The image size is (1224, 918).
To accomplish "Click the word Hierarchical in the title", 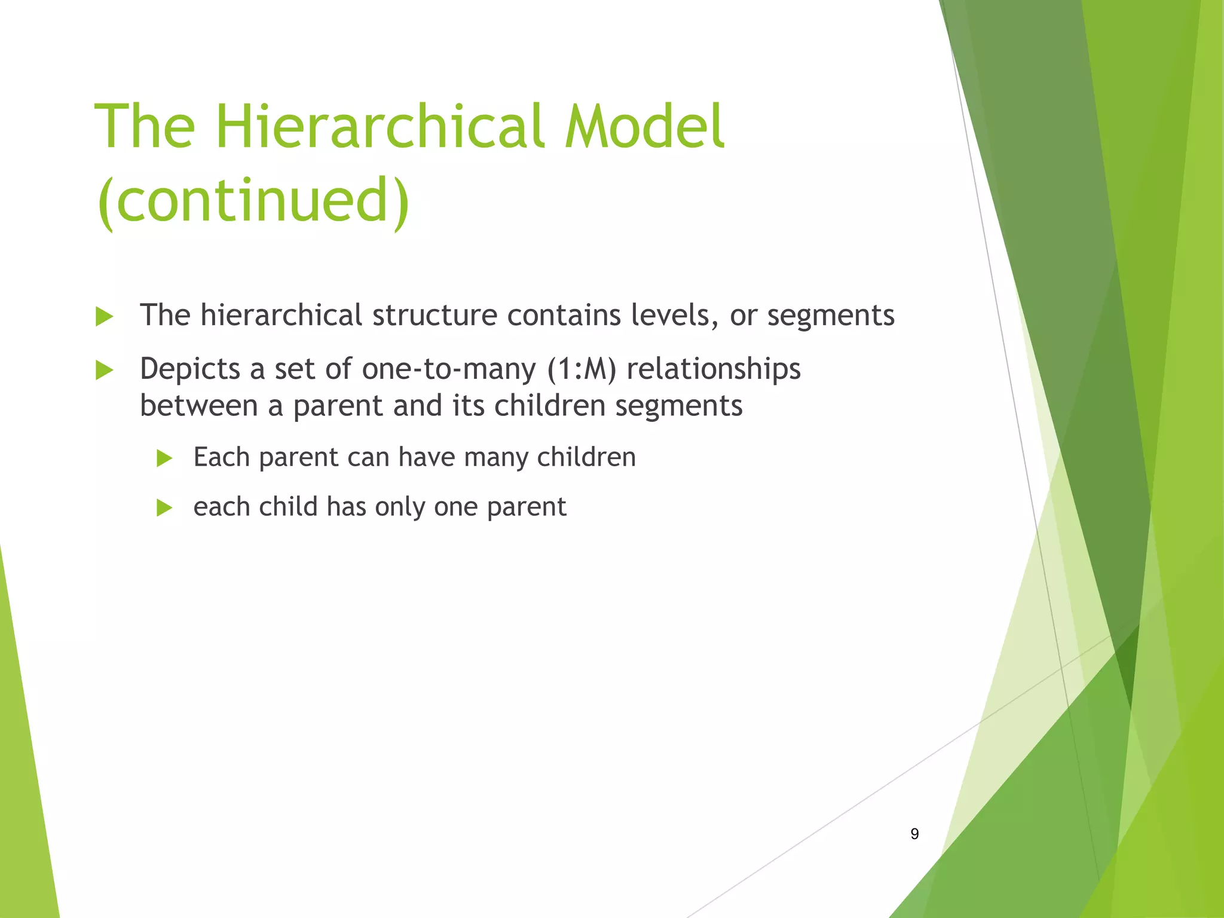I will click(382, 126).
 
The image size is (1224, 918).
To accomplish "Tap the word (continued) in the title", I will click(253, 200).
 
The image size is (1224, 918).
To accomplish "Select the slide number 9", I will click(914, 834).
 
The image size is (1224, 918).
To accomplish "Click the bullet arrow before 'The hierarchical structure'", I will click(105, 317).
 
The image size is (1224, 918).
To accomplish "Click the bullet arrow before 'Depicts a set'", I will click(105, 371).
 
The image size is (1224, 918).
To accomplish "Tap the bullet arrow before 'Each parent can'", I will click(164, 458).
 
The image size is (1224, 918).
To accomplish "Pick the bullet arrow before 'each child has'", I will click(164, 508).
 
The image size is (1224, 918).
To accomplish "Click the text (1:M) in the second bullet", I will click(581, 369).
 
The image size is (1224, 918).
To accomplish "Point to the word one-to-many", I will click(448, 369).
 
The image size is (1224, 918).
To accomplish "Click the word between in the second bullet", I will click(198, 405).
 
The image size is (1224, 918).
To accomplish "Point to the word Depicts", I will click(189, 369).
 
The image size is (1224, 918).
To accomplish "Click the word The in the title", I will click(145, 126).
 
